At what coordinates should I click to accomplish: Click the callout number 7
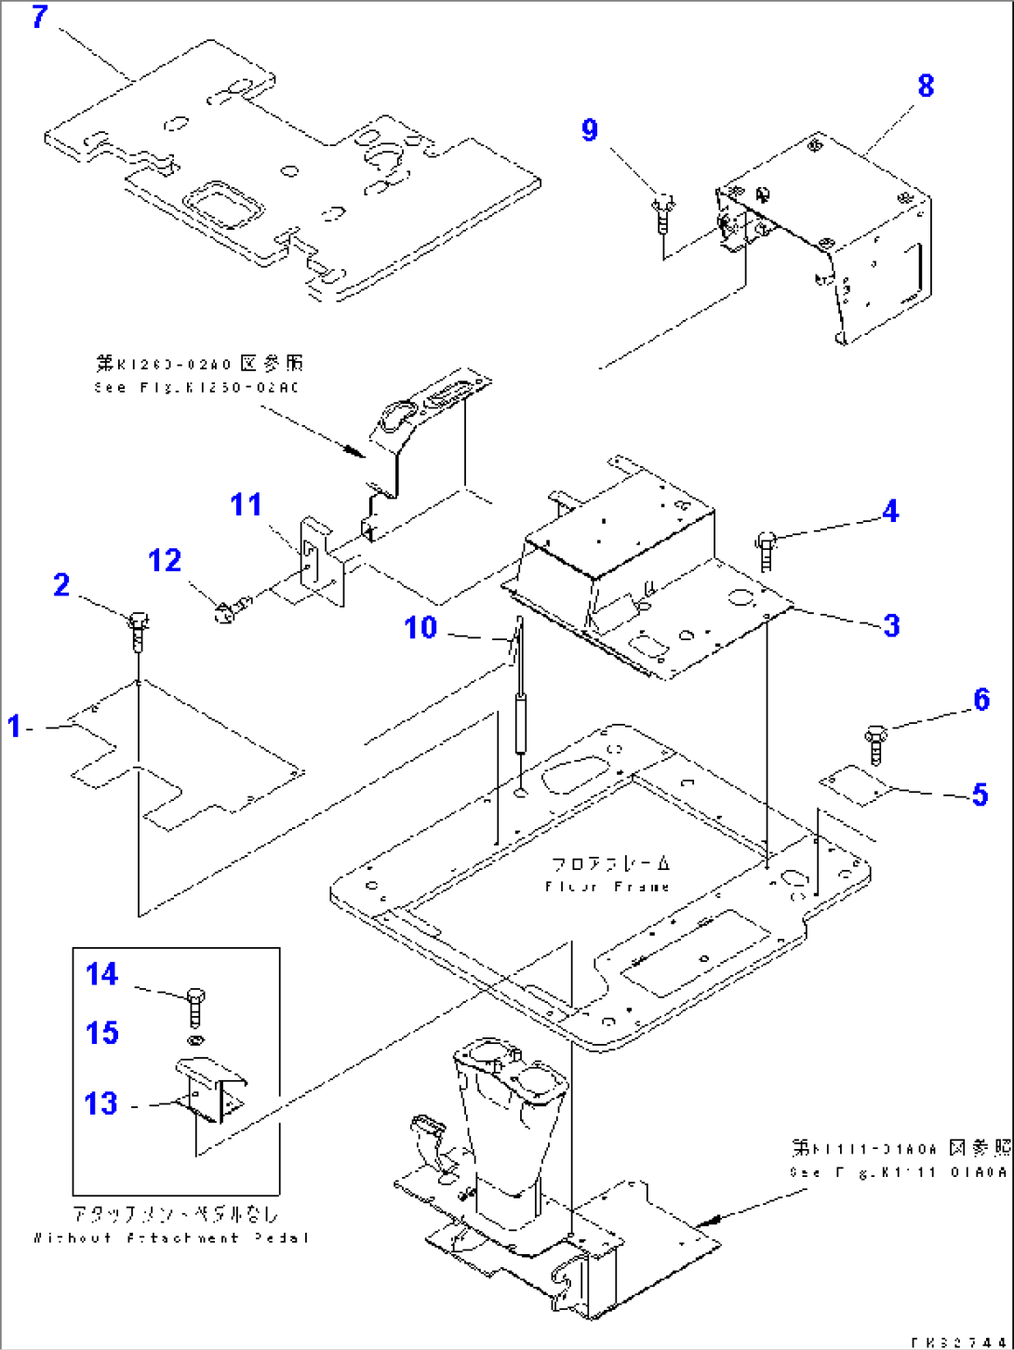click(39, 17)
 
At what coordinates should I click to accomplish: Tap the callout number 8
click(925, 86)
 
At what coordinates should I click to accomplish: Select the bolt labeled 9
click(663, 214)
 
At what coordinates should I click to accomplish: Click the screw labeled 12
click(227, 610)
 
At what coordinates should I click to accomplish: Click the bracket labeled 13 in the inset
click(210, 1092)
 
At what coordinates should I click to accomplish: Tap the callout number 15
click(102, 1033)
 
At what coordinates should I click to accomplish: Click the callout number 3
click(891, 625)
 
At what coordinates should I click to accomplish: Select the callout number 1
click(14, 726)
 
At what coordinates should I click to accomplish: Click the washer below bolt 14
click(194, 1039)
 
